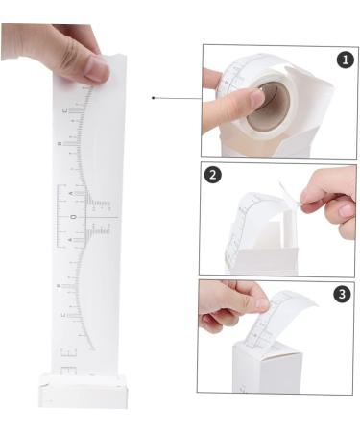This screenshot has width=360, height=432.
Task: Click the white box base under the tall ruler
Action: [x=83, y=390]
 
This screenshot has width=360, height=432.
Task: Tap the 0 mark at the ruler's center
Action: [x=72, y=218]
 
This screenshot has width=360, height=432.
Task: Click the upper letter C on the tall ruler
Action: [x=65, y=113]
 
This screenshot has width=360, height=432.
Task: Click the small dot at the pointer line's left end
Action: [x=154, y=97]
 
